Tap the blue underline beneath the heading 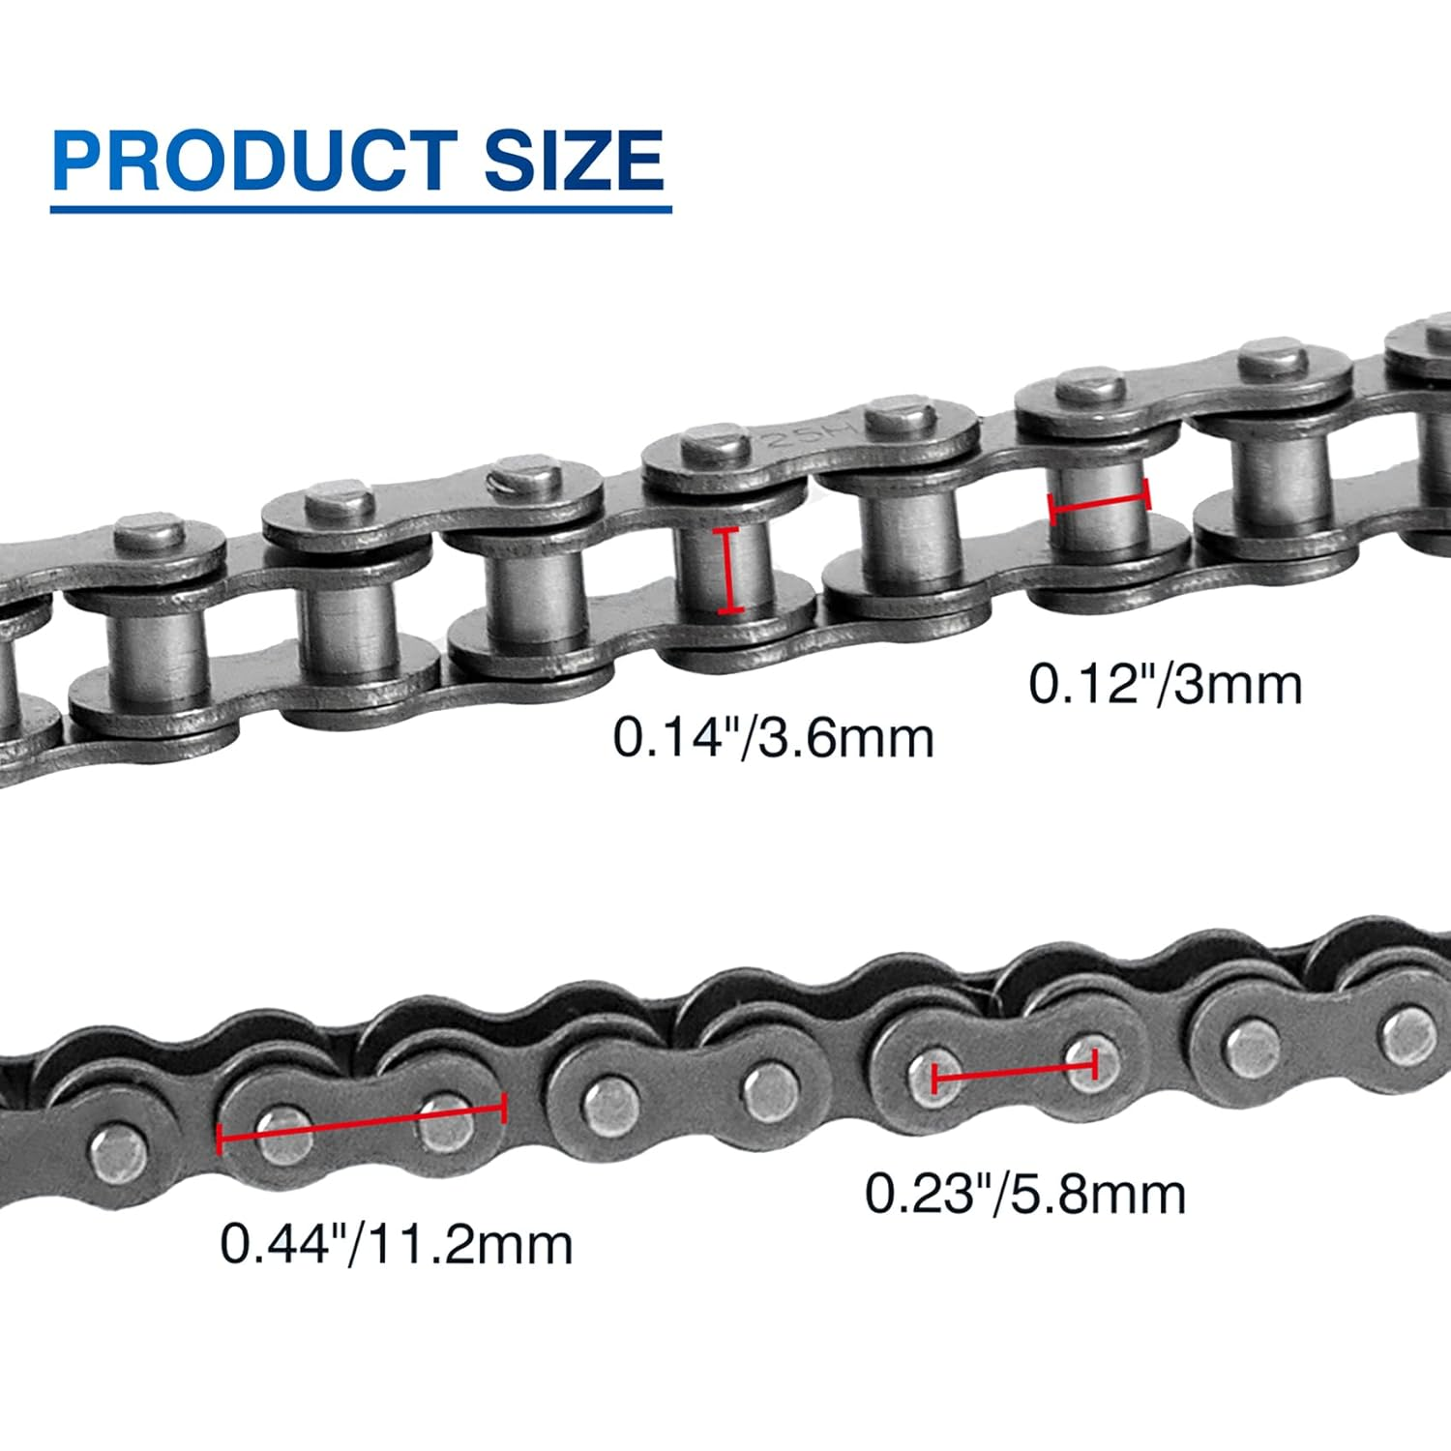pos(360,208)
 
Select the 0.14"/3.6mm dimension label pos(773,737)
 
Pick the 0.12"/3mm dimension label pos(1165,684)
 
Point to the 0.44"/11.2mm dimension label pos(396,1244)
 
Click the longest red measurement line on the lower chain pos(361,1124)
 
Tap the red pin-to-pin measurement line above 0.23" pos(1013,1070)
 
